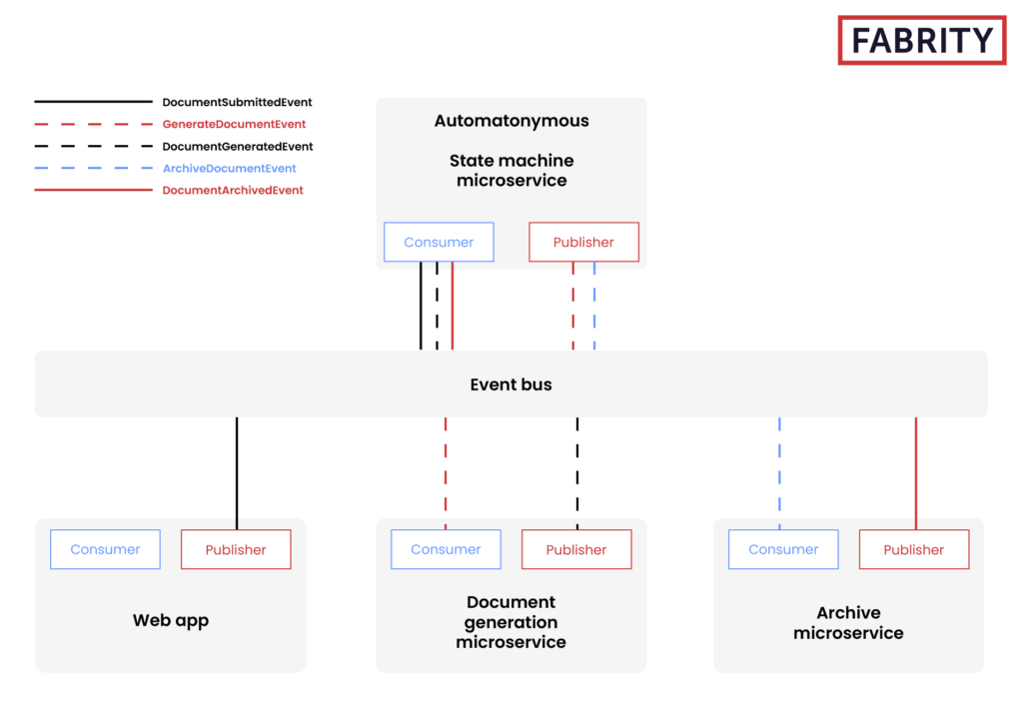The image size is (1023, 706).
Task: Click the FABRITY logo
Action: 921,41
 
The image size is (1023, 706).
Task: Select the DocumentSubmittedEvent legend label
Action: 237,102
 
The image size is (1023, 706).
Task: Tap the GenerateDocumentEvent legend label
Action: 234,125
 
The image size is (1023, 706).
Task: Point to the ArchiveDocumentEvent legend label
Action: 229,169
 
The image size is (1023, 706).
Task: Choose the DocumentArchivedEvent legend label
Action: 233,190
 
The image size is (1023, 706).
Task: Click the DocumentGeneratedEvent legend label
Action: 238,147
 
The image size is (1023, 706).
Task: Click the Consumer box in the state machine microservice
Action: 439,242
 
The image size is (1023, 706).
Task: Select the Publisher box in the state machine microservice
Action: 583,242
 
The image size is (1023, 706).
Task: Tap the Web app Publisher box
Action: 236,549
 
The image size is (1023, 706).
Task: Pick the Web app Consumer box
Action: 105,549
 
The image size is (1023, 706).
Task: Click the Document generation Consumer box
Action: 446,549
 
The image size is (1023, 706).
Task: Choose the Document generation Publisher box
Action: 576,549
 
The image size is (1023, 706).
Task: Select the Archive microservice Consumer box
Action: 783,549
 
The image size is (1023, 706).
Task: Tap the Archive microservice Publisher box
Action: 914,549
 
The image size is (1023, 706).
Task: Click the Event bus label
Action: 511,384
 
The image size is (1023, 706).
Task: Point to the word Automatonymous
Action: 511,121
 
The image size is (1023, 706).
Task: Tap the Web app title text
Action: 171,620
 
